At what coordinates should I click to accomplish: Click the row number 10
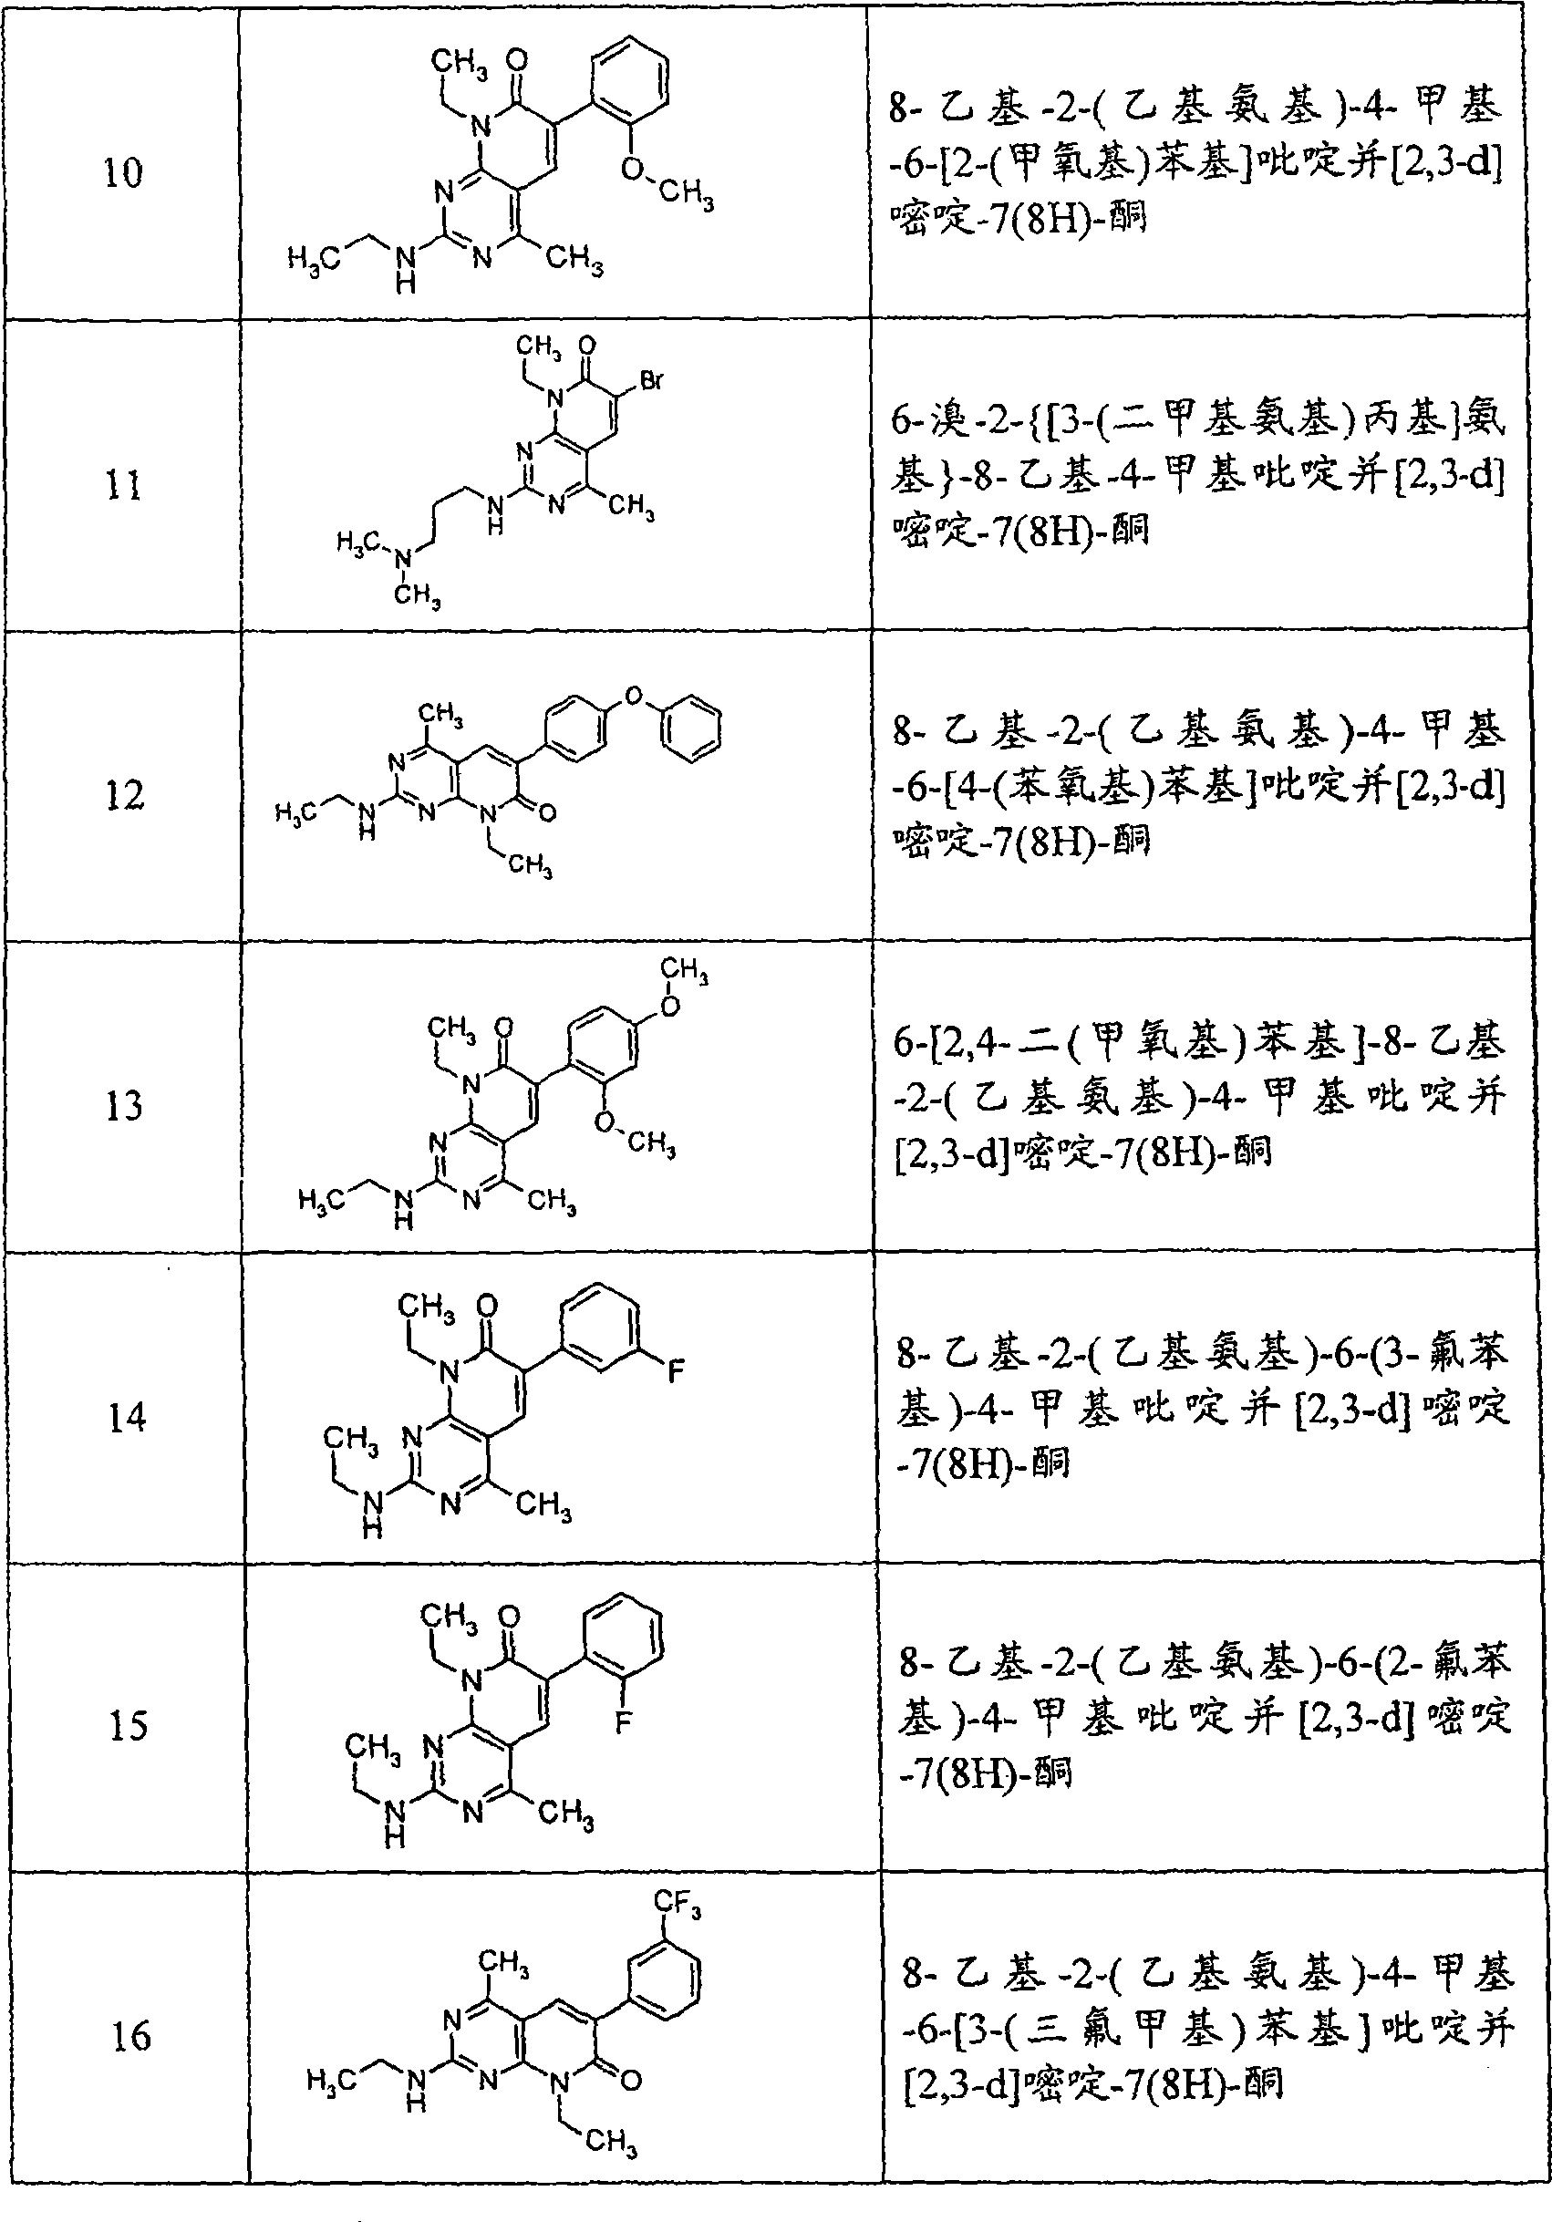click(x=123, y=172)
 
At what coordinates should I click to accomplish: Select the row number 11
click(x=124, y=484)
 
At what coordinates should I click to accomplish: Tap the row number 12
click(x=125, y=794)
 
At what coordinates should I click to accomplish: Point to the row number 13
click(x=126, y=1105)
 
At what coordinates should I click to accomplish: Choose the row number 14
click(x=128, y=1417)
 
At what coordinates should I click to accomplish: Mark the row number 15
click(x=129, y=1724)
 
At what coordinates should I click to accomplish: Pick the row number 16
click(x=131, y=2036)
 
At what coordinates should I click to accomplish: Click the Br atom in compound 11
click(x=651, y=380)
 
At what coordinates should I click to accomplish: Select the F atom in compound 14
click(x=677, y=1370)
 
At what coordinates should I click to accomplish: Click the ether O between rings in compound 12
click(x=634, y=694)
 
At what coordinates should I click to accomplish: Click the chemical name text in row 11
click(x=1198, y=474)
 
